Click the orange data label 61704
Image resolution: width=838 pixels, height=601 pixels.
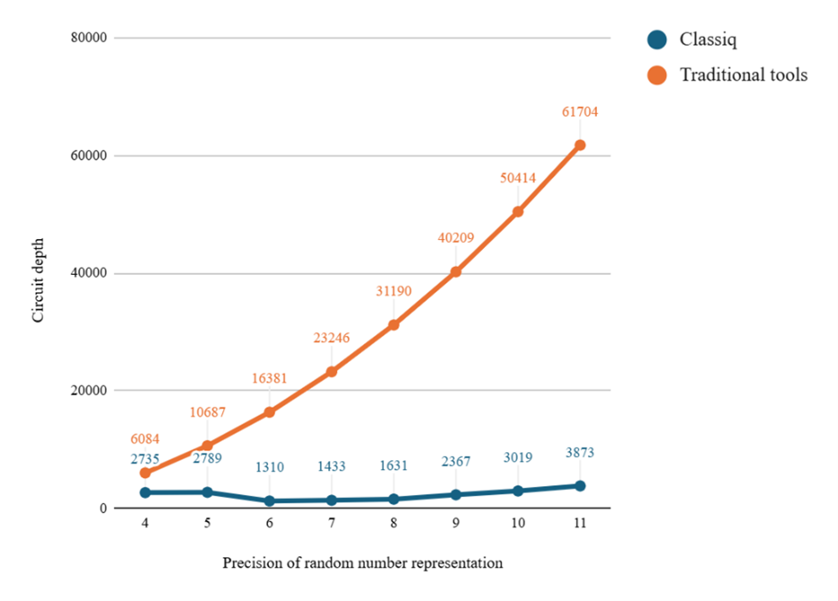580,112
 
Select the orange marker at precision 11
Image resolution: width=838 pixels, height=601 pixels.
580,145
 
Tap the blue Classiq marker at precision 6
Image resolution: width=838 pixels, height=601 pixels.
269,501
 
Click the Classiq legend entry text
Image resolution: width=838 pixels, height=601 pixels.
708,39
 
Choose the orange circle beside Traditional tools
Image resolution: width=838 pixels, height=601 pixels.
659,75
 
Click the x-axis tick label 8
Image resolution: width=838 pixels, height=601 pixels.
393,524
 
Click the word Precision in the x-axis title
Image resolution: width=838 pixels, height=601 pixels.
254,563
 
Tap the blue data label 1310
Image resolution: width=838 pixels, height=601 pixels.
269,467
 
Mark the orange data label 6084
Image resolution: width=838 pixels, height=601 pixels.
144,439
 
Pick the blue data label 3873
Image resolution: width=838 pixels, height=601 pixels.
580,453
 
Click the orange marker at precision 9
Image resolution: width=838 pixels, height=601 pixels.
455,271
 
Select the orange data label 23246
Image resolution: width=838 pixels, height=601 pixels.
331,338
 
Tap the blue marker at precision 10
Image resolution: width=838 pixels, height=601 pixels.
518,491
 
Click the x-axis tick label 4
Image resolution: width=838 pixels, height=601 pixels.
144,524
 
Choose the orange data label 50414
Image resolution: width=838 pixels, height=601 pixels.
518,178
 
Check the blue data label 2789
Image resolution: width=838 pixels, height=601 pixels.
207,459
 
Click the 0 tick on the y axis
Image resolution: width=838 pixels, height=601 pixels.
103,509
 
